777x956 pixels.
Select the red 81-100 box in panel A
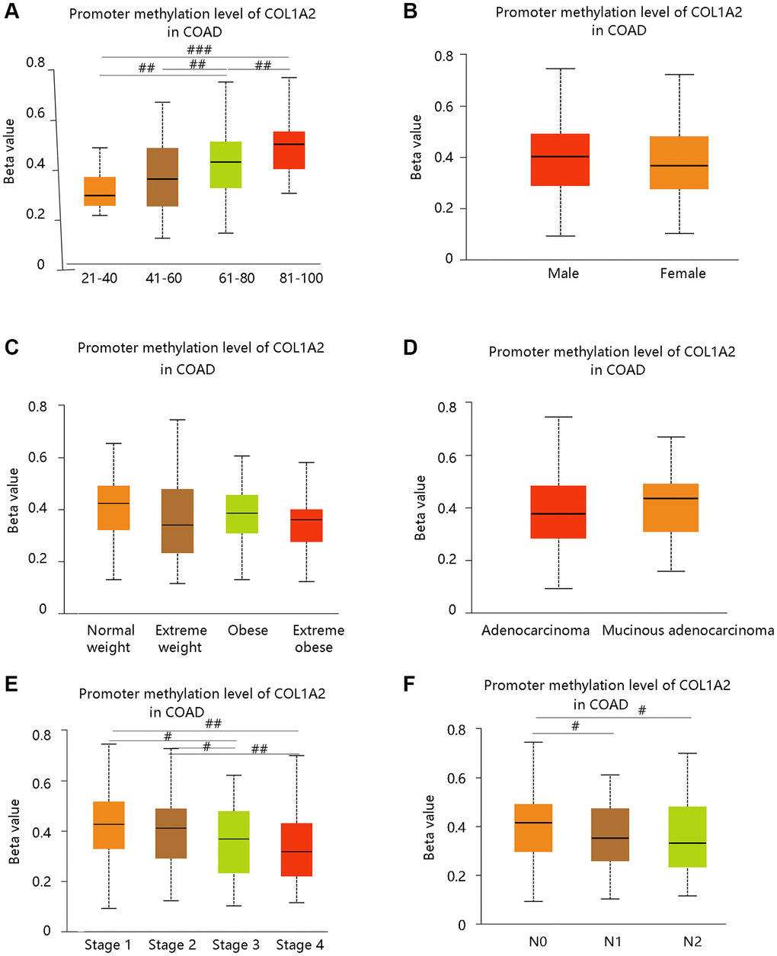[289, 150]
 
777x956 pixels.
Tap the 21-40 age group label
[99, 278]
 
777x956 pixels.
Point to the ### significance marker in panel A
[198, 50]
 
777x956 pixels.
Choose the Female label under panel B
[683, 273]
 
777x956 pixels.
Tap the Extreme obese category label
[318, 638]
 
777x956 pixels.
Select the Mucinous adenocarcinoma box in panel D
[671, 507]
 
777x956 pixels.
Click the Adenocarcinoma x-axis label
[535, 631]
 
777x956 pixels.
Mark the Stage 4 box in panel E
[297, 849]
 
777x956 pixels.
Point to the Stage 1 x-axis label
[107, 945]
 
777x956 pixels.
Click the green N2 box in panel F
[691, 836]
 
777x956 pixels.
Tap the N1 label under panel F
[612, 942]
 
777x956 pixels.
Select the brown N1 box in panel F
[610, 835]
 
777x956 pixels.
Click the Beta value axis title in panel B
[416, 147]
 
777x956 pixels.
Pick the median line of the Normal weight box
[114, 504]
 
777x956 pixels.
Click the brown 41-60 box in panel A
[163, 177]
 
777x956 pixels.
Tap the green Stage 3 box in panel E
[234, 842]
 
